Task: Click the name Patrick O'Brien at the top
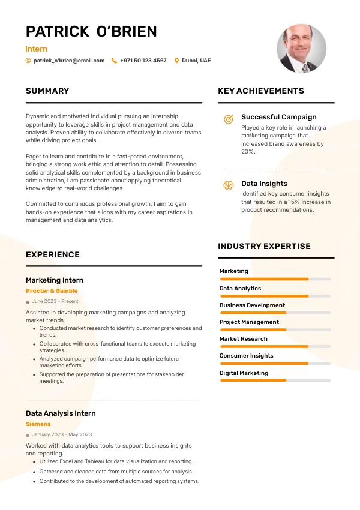91,31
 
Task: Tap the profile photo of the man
301,49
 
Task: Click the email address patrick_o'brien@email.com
69,61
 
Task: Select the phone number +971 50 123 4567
143,61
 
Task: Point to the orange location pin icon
176,61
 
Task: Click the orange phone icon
114,61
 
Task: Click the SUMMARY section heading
47,91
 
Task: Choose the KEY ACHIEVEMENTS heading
261,91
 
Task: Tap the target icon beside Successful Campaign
228,119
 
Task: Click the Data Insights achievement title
264,184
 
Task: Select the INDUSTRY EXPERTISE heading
264,246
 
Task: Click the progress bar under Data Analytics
275,296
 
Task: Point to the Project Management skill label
249,322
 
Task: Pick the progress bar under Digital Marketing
275,380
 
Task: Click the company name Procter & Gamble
52,291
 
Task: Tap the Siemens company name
38,424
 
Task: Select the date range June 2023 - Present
55,301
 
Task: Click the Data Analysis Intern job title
61,413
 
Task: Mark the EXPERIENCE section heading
53,254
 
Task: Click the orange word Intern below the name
37,49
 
